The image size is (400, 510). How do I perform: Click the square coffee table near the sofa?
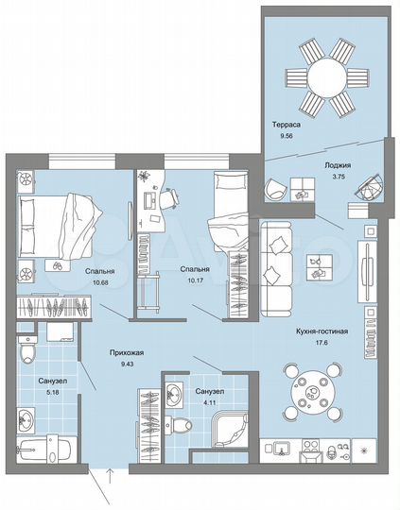319,264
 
